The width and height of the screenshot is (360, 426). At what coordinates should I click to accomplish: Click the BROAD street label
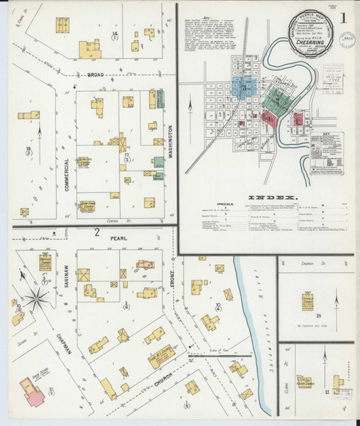pos(96,73)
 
